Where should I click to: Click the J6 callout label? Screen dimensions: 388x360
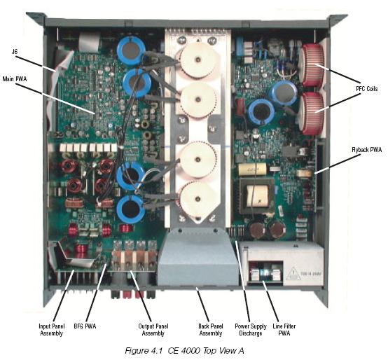pyautogui.click(x=15, y=51)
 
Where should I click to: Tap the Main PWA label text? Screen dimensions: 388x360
pyautogui.click(x=15, y=79)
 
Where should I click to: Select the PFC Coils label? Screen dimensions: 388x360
pyautogui.click(x=367, y=88)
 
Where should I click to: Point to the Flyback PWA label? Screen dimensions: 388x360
pyautogui.click(x=367, y=150)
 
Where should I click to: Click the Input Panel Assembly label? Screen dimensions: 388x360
pyautogui.click(x=51, y=330)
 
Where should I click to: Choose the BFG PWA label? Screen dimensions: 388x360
pyautogui.click(x=85, y=326)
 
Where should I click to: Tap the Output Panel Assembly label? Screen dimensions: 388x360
pyautogui.click(x=153, y=330)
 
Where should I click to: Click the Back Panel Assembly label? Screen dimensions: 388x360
pyautogui.click(x=211, y=330)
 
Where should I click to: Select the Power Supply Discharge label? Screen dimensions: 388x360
pyautogui.click(x=251, y=330)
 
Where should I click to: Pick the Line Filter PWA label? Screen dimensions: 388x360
pyautogui.click(x=284, y=330)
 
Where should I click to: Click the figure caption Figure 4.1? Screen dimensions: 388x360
pyautogui.click(x=184, y=351)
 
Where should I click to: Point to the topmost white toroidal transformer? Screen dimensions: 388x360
pyautogui.click(x=197, y=60)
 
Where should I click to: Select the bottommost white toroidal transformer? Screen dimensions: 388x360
pyautogui.click(x=198, y=199)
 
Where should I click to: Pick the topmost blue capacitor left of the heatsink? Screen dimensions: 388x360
pyautogui.click(x=131, y=50)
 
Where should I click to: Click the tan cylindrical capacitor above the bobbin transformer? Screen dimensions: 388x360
pyautogui.click(x=252, y=169)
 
